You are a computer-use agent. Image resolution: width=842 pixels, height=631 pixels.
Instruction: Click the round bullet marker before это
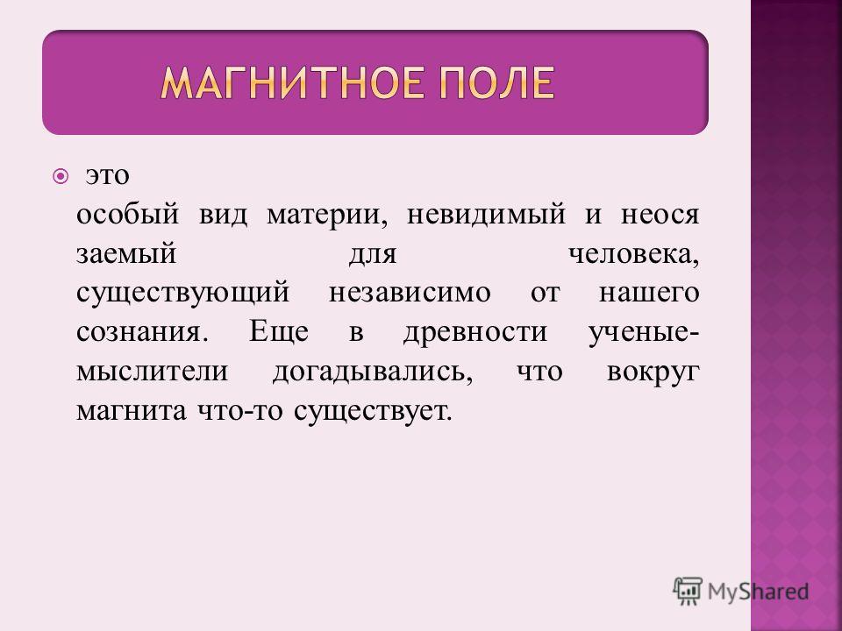click(x=61, y=176)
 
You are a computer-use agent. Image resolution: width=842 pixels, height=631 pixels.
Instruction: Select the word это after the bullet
click(x=108, y=176)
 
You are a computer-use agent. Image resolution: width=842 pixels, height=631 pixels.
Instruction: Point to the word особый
click(x=127, y=215)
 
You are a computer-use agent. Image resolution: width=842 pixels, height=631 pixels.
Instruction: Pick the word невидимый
click(x=486, y=215)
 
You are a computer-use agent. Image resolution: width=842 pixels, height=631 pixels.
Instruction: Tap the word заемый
click(x=126, y=254)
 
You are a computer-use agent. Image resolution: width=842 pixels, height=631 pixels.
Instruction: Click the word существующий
click(x=183, y=294)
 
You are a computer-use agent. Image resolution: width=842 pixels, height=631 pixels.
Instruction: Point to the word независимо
click(x=410, y=293)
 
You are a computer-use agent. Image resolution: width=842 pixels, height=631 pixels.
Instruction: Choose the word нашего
click(x=649, y=294)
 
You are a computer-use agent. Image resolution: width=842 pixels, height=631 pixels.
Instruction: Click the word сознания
click(x=141, y=332)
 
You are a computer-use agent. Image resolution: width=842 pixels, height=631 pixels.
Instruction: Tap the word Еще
click(x=279, y=332)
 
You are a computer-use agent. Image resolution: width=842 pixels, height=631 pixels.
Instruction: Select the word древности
click(x=475, y=333)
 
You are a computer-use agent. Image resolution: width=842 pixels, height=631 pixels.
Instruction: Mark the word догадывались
click(x=373, y=372)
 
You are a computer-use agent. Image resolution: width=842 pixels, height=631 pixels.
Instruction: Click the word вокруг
click(x=653, y=372)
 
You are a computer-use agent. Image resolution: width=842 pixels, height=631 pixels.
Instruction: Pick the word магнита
click(x=132, y=411)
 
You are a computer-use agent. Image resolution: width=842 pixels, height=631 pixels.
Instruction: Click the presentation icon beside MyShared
click(x=688, y=591)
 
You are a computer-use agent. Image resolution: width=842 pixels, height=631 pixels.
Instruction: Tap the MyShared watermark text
click(x=758, y=592)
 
